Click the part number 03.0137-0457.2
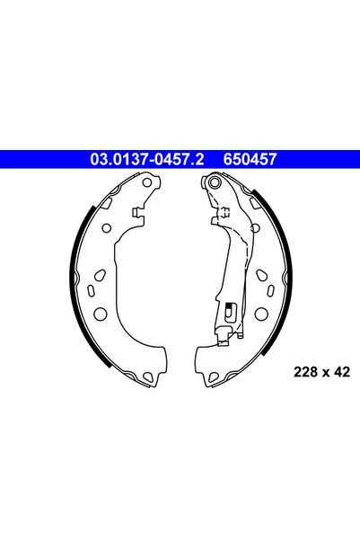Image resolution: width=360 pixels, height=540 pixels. pyautogui.click(x=146, y=159)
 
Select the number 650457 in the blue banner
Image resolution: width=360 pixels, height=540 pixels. pyautogui.click(x=243, y=159)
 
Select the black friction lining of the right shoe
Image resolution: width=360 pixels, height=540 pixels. pyautogui.click(x=285, y=270)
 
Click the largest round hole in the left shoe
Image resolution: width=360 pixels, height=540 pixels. pyautogui.click(x=101, y=314)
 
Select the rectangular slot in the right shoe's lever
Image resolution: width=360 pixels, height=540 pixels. pyautogui.click(x=229, y=311)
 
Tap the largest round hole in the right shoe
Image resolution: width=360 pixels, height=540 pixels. pyautogui.click(x=261, y=314)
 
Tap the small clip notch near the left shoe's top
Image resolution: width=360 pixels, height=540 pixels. pyautogui.click(x=136, y=214)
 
